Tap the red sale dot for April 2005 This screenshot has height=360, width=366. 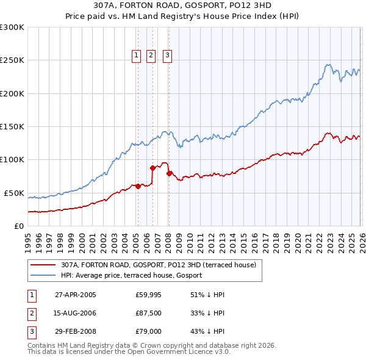[138, 186]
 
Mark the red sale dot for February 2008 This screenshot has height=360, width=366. [168, 173]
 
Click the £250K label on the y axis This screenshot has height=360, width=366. [12, 60]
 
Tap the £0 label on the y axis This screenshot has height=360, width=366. [18, 226]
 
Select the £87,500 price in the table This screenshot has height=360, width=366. [148, 314]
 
